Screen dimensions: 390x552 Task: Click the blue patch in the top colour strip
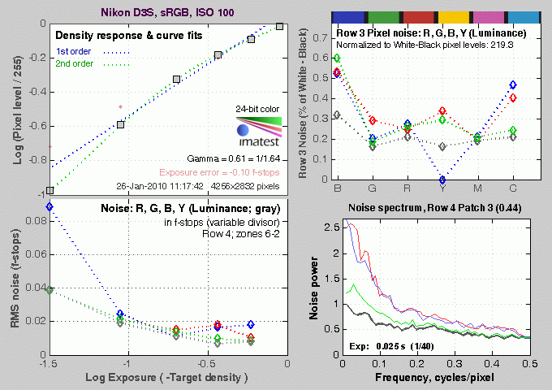click(350, 16)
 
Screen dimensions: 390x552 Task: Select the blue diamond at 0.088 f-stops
click(49, 206)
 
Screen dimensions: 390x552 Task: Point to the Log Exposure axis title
click(166, 379)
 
